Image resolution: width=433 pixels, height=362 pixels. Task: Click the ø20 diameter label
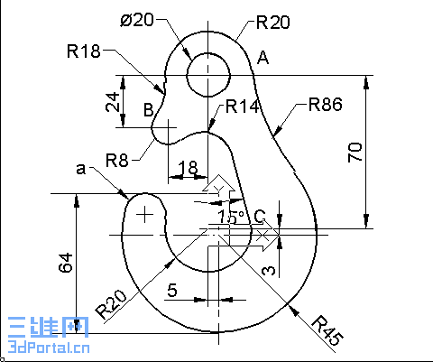137,21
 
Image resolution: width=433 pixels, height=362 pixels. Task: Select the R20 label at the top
272,22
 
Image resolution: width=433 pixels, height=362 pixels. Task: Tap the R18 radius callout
83,51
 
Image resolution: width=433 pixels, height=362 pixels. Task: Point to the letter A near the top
263,59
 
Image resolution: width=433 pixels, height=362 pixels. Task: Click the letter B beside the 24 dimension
149,110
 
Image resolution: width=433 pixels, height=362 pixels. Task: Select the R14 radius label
243,107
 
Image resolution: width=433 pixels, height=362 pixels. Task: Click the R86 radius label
325,104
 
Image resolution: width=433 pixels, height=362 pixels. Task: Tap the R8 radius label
117,161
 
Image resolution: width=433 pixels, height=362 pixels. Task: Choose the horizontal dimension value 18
188,167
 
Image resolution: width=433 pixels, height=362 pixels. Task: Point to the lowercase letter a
81,168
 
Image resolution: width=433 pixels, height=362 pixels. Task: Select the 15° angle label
229,218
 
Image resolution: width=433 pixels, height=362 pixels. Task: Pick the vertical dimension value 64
65,264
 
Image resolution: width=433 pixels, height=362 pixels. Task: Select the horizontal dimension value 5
170,290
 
